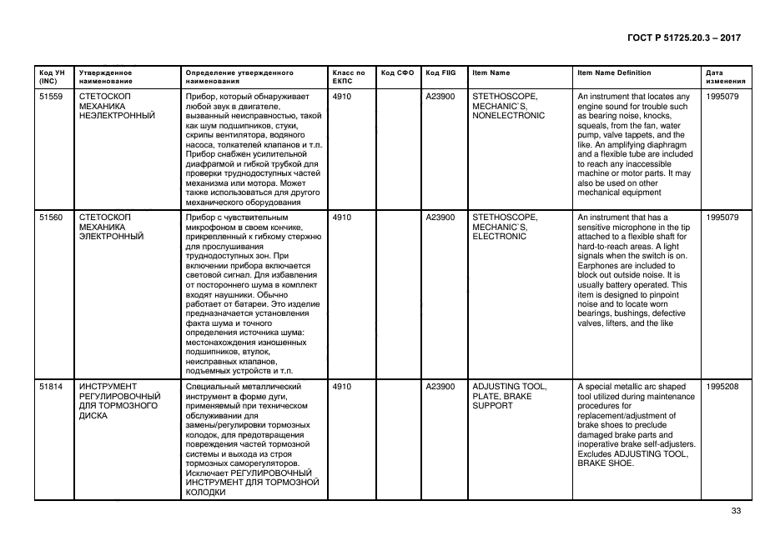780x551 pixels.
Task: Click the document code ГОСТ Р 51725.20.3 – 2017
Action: [x=684, y=38]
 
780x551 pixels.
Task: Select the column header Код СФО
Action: [x=397, y=73]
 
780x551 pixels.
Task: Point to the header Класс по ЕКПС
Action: [x=349, y=78]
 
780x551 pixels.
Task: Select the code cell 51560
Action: [x=51, y=218]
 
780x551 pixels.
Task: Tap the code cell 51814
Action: [x=51, y=387]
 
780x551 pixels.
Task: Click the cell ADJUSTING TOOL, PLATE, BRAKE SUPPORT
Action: [x=510, y=396]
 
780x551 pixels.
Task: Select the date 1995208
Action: [x=722, y=387]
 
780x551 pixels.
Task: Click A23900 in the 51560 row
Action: [x=440, y=218]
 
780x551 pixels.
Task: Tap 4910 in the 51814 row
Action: [x=342, y=387]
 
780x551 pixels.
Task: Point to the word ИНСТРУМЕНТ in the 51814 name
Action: [x=108, y=387]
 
